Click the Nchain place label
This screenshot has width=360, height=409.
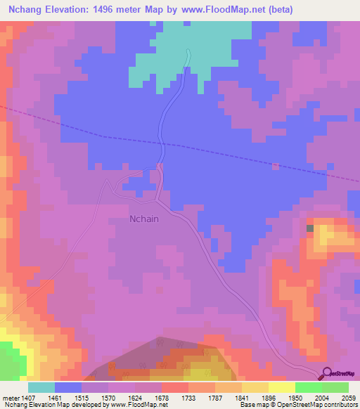point(144,219)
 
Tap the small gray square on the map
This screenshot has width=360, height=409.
point(310,228)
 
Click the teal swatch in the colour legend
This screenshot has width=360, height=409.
point(41,387)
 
